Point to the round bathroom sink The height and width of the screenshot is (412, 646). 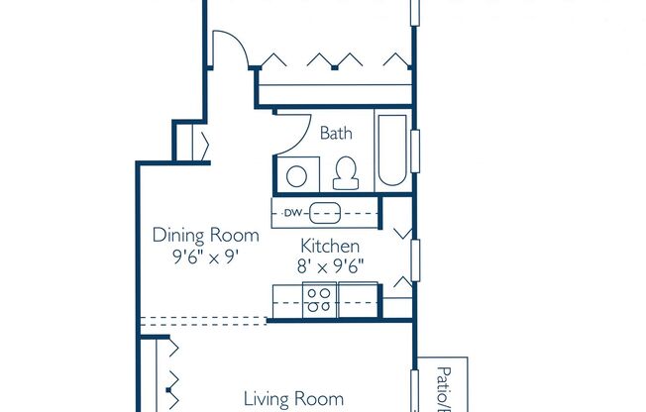[x=296, y=176]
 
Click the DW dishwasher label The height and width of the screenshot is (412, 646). [x=292, y=213]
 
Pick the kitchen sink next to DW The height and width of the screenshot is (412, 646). [x=325, y=213]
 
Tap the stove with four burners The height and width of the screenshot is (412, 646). [x=320, y=299]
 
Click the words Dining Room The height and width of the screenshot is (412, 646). [x=205, y=236]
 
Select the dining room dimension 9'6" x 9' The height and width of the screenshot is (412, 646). [x=205, y=256]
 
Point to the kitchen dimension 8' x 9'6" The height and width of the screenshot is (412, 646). [x=330, y=264]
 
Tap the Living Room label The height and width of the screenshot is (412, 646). [x=293, y=399]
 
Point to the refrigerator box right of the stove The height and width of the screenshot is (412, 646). [x=358, y=299]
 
